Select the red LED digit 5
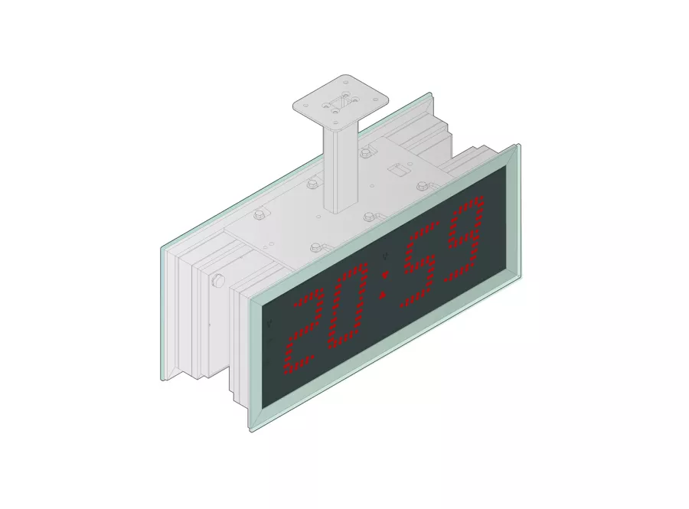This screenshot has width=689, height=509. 423,266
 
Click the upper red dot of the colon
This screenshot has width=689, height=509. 385,273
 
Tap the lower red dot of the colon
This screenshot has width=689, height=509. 382,295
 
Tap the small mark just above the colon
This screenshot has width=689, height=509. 386,256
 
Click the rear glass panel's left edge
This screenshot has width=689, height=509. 162,314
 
